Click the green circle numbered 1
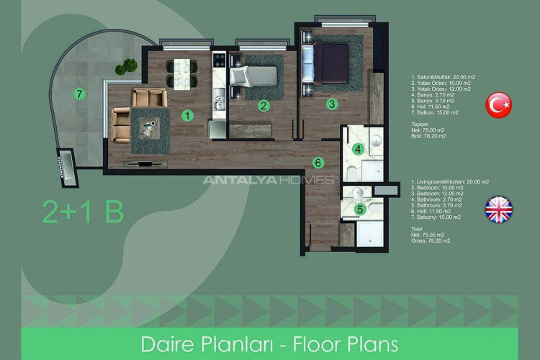(187, 114)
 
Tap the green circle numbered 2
(264, 106)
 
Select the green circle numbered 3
(331, 103)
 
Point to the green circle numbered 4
(359, 150)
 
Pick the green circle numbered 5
(361, 210)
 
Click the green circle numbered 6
(317, 162)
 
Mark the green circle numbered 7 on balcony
(80, 94)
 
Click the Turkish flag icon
(498, 104)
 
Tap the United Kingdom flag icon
(498, 210)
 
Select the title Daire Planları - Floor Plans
(269, 342)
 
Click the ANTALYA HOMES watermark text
(268, 180)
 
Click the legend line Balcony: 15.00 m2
(435, 217)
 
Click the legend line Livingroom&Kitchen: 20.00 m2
(449, 182)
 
